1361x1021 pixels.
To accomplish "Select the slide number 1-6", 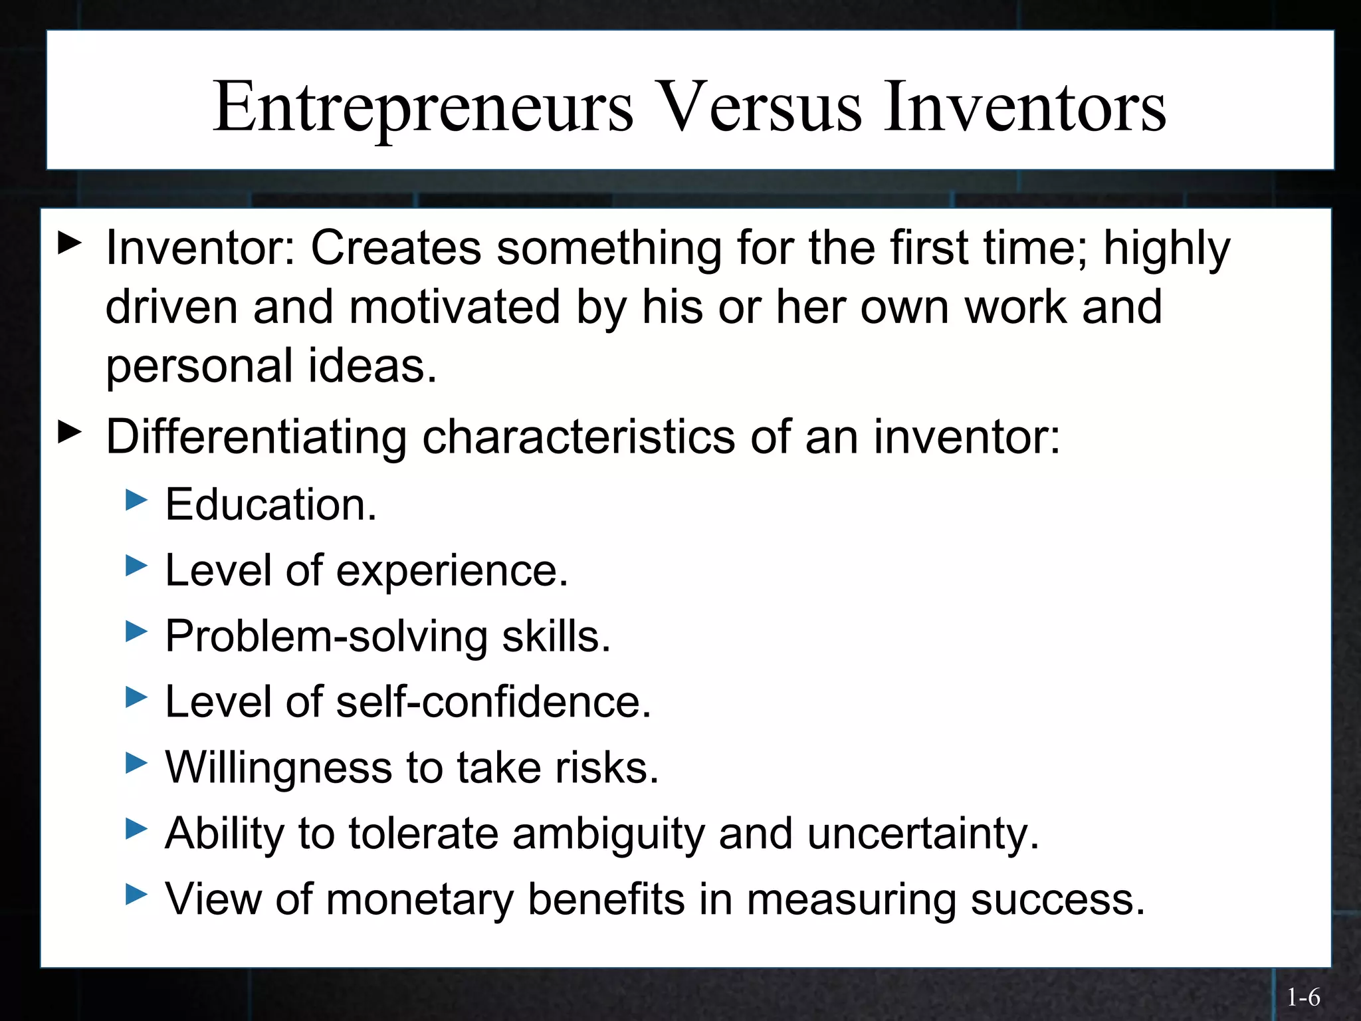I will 1303,997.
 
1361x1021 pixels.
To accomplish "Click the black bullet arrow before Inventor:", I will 70,243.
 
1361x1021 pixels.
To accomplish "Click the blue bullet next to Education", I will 136,499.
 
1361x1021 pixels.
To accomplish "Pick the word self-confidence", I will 493,702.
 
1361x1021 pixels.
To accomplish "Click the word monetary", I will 420,899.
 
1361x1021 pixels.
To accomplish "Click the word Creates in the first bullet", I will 395,247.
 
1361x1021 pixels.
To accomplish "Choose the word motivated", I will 455,307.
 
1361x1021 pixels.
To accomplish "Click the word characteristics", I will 578,437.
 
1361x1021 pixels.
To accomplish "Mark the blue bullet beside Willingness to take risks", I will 136,762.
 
